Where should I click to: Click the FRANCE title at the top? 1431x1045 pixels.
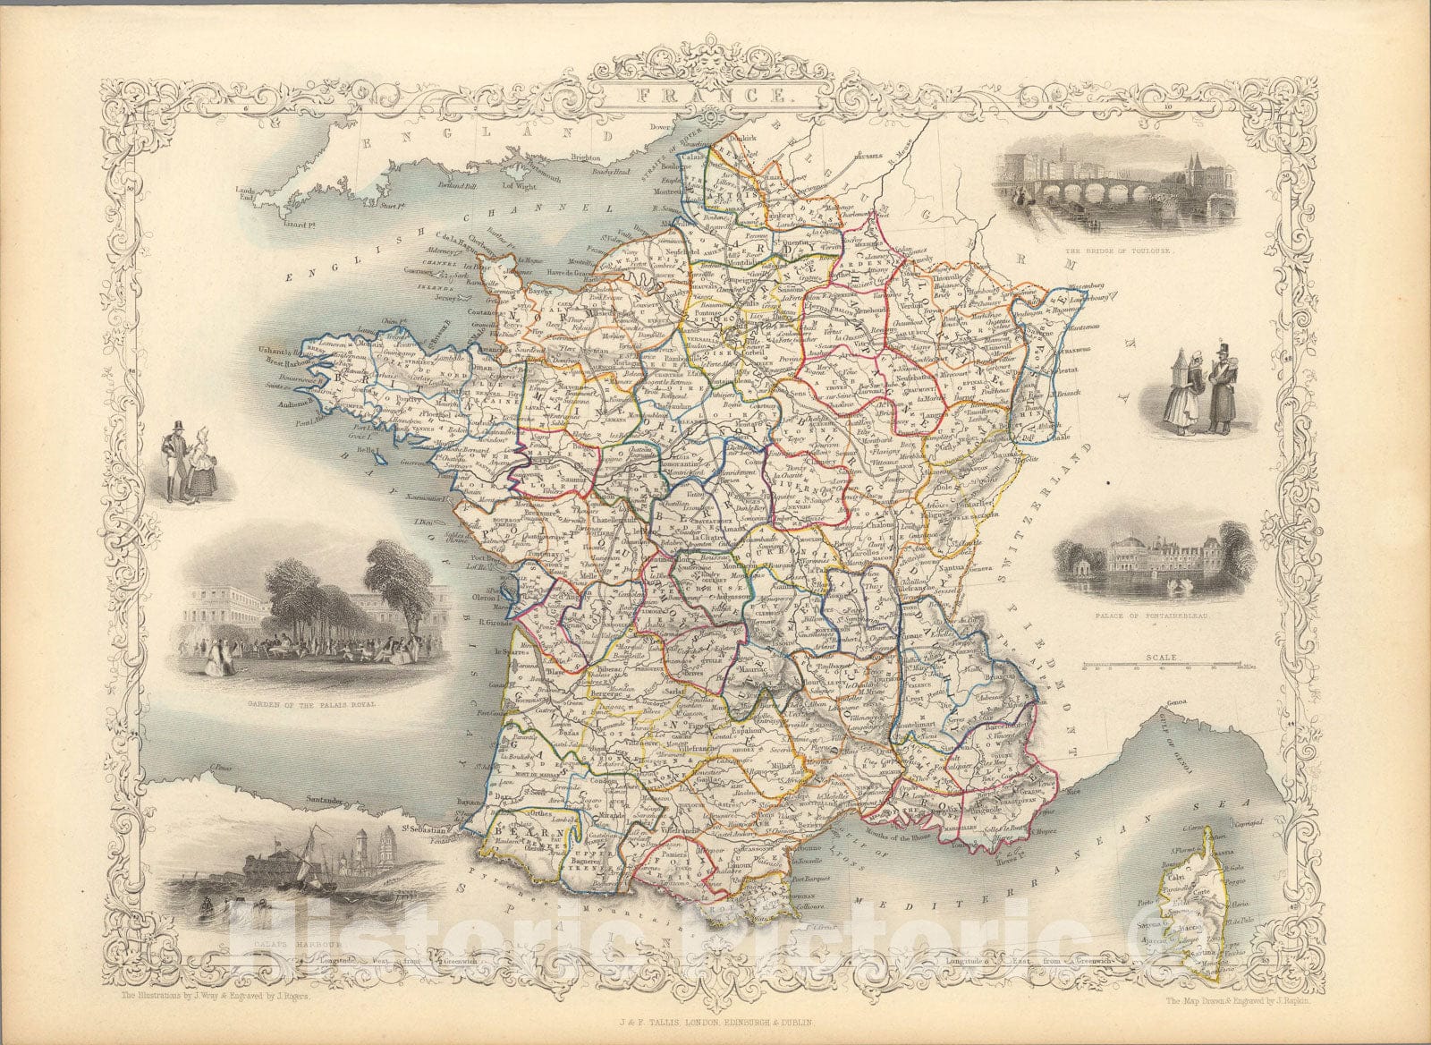pyautogui.click(x=715, y=94)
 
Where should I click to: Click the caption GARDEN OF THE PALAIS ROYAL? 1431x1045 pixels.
pyautogui.click(x=308, y=704)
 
